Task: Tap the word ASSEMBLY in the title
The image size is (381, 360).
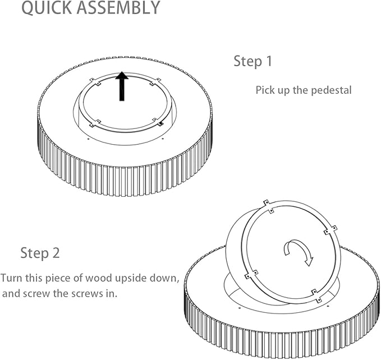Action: pyautogui.click(x=118, y=7)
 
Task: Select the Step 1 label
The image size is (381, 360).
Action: pyautogui.click(x=253, y=61)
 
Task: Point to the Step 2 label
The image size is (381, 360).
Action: pyautogui.click(x=40, y=253)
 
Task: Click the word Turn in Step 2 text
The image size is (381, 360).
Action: pyautogui.click(x=11, y=278)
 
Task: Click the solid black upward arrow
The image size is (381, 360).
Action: pyautogui.click(x=122, y=86)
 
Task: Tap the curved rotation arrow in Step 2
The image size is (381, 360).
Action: pyautogui.click(x=299, y=252)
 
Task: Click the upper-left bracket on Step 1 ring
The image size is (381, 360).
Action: pyautogui.click(x=95, y=82)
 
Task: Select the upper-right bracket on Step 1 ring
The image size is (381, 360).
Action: pyautogui.click(x=155, y=82)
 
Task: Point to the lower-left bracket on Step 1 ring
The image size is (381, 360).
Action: pyautogui.click(x=95, y=123)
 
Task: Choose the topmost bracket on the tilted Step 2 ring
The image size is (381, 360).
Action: pyautogui.click(x=269, y=206)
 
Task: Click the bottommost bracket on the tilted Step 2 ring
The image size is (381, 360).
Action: pyautogui.click(x=316, y=296)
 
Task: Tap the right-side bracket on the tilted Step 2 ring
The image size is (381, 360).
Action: pyautogui.click(x=330, y=230)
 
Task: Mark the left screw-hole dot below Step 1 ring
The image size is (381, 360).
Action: pyautogui.click(x=88, y=139)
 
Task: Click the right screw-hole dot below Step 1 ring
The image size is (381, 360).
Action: pyautogui.click(x=163, y=139)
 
